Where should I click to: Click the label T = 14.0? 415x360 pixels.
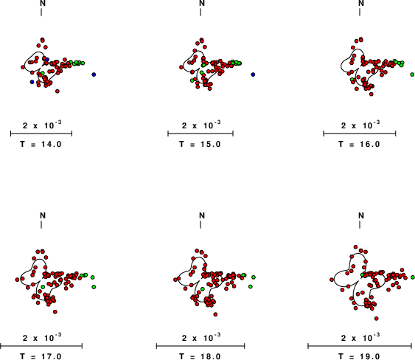pos(41,145)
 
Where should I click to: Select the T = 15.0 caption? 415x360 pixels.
pos(200,145)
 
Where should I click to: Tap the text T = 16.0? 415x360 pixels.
pos(359,145)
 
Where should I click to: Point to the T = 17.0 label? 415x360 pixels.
pos(41,356)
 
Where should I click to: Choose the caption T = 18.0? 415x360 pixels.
pos(200,356)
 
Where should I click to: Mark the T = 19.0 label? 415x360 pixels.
pos(359,356)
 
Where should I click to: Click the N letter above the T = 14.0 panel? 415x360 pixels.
pos(43,3)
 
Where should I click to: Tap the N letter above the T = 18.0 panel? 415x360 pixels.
pos(202,215)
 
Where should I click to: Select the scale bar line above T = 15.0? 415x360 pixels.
pos(200,134)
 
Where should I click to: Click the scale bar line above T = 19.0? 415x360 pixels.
pos(360,346)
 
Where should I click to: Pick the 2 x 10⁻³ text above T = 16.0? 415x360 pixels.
pos(360,125)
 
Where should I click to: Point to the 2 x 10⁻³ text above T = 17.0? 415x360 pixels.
pos(42,337)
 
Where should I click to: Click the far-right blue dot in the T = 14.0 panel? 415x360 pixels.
pos(94,75)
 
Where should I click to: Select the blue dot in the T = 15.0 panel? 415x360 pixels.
pos(253,75)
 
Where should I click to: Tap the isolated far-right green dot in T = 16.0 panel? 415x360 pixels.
pos(412,75)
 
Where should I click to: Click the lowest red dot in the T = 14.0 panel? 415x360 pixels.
pos(57,91)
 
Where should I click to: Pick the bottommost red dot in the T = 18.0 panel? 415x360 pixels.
pos(215,314)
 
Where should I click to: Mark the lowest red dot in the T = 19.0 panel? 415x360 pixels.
pos(377,319)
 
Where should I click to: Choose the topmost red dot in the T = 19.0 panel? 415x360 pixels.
pos(356,247)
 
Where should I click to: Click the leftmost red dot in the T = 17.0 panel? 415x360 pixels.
pos(17,280)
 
